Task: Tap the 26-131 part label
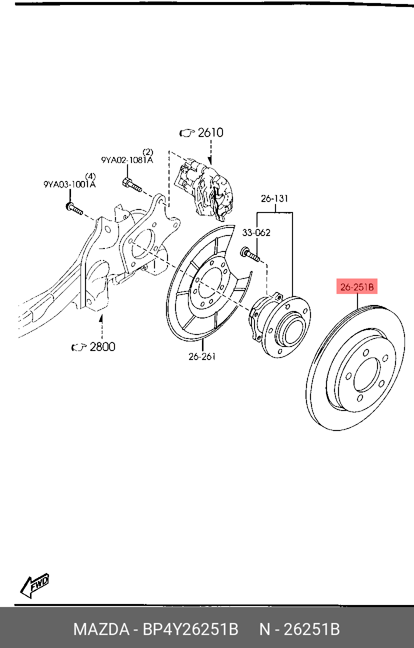(274, 198)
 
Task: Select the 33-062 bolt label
(256, 232)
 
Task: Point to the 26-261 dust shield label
(202, 356)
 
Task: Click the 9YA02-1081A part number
(127, 160)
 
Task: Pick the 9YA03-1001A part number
(69, 184)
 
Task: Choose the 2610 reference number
(210, 132)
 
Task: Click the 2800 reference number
(102, 346)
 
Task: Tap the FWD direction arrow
(34, 585)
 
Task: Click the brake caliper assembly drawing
(203, 190)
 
